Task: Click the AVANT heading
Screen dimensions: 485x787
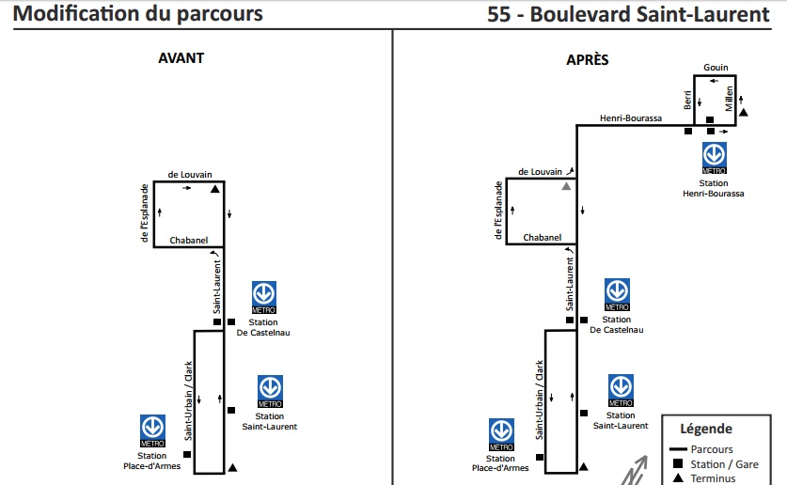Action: [181, 57]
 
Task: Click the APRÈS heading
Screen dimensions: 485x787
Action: [587, 59]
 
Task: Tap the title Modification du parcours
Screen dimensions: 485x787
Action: [138, 14]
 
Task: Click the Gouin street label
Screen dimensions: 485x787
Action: [716, 67]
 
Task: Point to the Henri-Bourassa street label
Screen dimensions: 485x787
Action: [631, 118]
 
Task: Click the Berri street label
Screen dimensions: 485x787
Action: [688, 99]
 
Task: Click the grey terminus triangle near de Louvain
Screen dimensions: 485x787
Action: [567, 187]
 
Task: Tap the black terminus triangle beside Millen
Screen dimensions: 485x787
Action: [743, 113]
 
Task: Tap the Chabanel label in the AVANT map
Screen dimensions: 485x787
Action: [188, 241]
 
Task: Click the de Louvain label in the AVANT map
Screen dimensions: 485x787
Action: [190, 174]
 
